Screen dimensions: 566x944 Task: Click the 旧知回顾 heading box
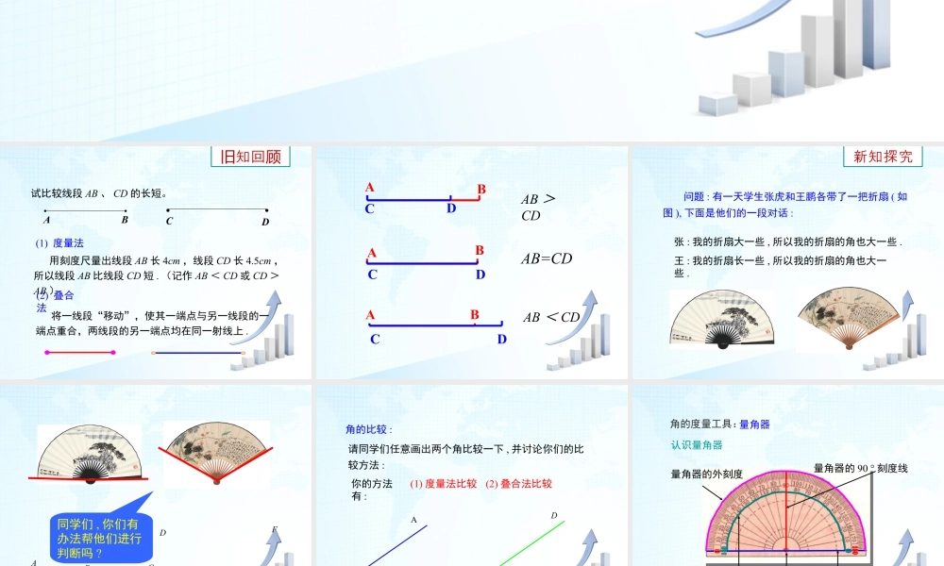coord(250,157)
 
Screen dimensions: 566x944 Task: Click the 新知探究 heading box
coord(883,157)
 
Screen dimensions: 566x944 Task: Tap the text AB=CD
coord(547,258)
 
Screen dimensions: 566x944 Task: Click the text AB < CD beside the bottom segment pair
coord(551,317)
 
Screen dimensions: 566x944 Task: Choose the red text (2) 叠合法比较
coord(518,484)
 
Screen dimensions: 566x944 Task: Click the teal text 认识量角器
coord(696,444)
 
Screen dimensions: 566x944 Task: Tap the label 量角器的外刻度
coord(706,474)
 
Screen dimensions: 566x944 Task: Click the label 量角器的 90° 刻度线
coord(860,468)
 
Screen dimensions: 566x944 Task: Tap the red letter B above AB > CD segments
coord(480,190)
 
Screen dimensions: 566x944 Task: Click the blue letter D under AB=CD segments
coord(480,275)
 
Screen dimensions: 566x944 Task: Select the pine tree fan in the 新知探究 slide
coord(721,320)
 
